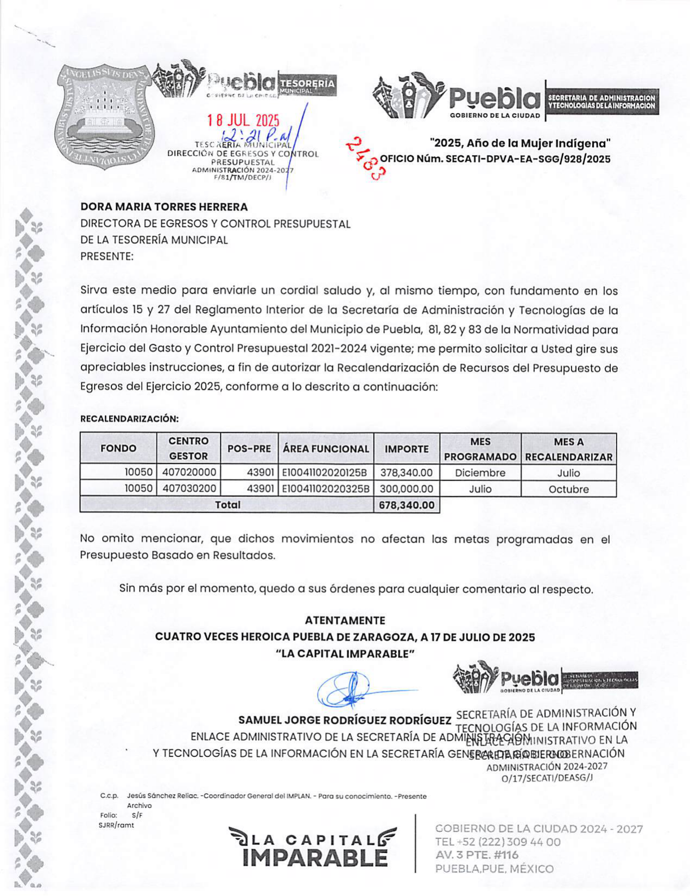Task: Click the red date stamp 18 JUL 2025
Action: coord(243,121)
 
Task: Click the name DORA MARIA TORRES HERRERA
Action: coord(164,207)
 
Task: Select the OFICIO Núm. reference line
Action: coord(495,159)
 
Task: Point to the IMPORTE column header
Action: coord(407,449)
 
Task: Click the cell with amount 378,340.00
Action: coord(407,473)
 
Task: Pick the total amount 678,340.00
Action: coord(407,505)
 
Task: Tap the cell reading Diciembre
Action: coord(480,473)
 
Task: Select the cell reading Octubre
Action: coord(568,489)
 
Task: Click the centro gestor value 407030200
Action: coord(189,489)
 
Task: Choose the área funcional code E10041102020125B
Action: coord(325,473)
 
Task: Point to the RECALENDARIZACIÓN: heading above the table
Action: coord(129,419)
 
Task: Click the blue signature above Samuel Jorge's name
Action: coord(347,690)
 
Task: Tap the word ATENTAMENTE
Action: coord(345,621)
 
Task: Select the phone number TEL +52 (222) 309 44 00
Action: coord(498,842)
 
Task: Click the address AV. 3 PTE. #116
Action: coord(477,855)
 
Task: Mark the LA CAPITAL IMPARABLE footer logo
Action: coord(313,847)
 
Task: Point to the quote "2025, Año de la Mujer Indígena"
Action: coord(520,143)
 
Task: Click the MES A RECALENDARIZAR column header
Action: coord(568,449)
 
